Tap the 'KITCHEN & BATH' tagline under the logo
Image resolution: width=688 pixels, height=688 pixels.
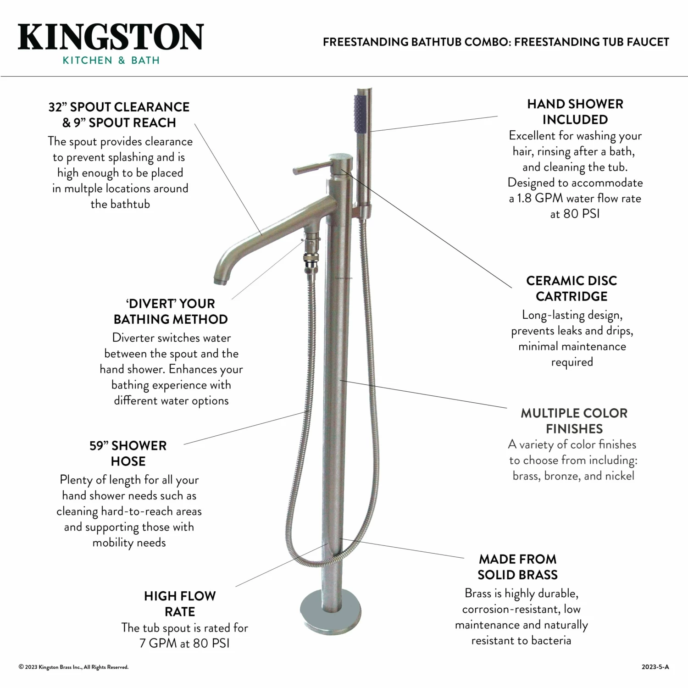point(111,60)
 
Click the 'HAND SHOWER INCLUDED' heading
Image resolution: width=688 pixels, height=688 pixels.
point(575,111)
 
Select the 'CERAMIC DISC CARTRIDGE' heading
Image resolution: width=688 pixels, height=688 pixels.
point(571,289)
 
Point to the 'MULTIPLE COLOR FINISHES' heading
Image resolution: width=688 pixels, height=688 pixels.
point(574,421)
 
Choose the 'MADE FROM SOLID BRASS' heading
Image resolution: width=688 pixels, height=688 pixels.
point(517,566)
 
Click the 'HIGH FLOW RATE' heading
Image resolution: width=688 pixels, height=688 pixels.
point(180,604)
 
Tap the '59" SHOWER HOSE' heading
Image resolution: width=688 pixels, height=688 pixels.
point(128,453)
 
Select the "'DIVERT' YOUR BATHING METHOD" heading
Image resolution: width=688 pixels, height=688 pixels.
point(171,311)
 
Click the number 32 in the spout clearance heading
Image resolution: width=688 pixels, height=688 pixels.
point(55,107)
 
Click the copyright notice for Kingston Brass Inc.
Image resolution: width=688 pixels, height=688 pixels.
point(73,667)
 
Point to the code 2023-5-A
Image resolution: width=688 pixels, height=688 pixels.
point(655,667)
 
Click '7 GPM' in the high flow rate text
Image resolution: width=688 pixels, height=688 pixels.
point(158,643)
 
